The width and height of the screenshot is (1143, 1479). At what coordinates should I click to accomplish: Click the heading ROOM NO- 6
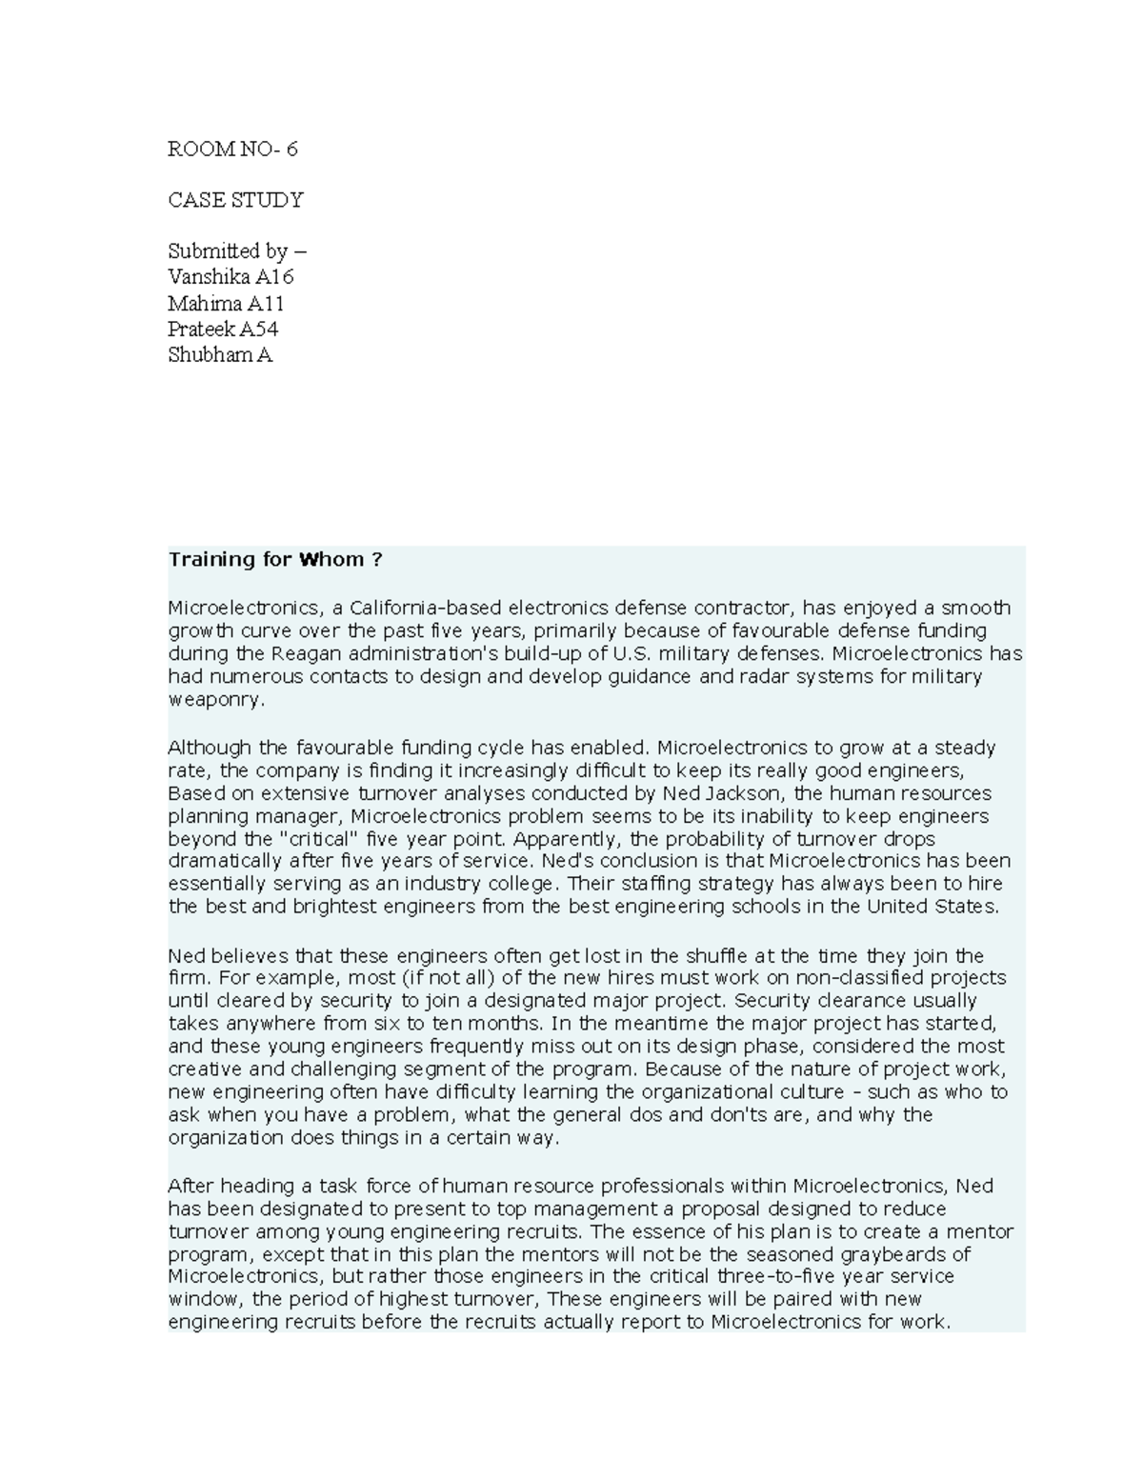pyautogui.click(x=232, y=149)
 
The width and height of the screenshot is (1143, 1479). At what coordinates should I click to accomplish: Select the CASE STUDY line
pyautogui.click(x=235, y=200)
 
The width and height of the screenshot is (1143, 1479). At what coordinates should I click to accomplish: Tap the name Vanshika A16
pyautogui.click(x=231, y=277)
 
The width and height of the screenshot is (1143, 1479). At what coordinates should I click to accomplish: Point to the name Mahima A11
pyautogui.click(x=226, y=304)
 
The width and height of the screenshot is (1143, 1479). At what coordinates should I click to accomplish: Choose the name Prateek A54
pyautogui.click(x=223, y=330)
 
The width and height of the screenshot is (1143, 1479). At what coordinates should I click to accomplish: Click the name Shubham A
pyautogui.click(x=220, y=355)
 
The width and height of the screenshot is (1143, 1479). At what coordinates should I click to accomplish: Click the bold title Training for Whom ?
pyautogui.click(x=274, y=559)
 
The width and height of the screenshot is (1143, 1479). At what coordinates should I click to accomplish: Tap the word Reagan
pyautogui.click(x=304, y=653)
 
